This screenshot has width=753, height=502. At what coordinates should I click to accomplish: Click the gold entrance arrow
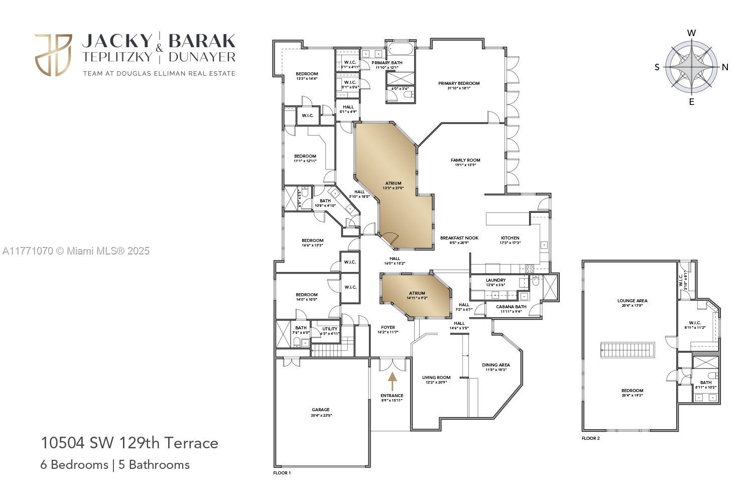[392, 381]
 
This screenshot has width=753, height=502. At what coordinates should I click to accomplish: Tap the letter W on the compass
[691, 33]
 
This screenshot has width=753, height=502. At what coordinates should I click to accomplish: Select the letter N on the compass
[725, 67]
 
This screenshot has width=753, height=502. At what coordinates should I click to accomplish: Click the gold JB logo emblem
[53, 55]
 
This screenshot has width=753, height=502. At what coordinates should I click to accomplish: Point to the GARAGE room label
[321, 410]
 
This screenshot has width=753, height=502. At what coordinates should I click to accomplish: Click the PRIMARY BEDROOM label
[459, 83]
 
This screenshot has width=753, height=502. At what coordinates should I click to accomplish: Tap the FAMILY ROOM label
[465, 160]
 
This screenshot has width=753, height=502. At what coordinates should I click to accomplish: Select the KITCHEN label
[510, 238]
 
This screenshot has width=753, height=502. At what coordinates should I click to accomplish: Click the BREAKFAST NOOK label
[459, 238]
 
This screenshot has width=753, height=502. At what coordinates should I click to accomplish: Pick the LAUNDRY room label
[495, 280]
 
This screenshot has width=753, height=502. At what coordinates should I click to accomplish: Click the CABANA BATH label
[511, 307]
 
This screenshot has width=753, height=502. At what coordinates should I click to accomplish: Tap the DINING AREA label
[496, 365]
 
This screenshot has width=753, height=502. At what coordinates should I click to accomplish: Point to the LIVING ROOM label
[436, 378]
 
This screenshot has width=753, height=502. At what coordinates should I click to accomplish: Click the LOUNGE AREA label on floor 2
[632, 301]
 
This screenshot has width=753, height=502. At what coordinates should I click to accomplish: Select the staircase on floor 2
[629, 350]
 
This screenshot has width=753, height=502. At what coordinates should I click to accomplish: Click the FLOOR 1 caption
[282, 473]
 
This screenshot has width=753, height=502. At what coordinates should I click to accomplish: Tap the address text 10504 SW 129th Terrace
[130, 443]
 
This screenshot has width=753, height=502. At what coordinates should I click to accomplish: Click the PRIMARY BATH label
[387, 63]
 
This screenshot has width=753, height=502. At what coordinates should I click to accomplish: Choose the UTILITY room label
[330, 329]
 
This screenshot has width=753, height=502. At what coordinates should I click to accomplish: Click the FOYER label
[388, 327]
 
